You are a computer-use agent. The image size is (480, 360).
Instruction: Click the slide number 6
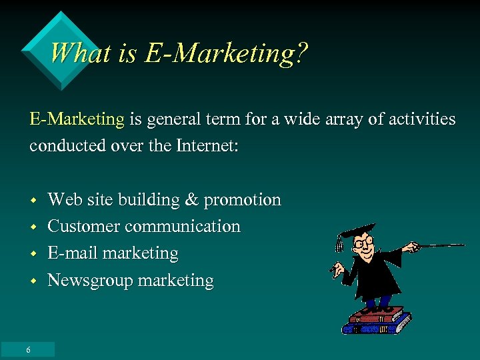click(28, 350)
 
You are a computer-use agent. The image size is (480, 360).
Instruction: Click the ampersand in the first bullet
click(191, 200)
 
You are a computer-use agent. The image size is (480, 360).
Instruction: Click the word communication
click(183, 227)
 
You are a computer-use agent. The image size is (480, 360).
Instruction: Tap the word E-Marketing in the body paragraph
click(77, 120)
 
